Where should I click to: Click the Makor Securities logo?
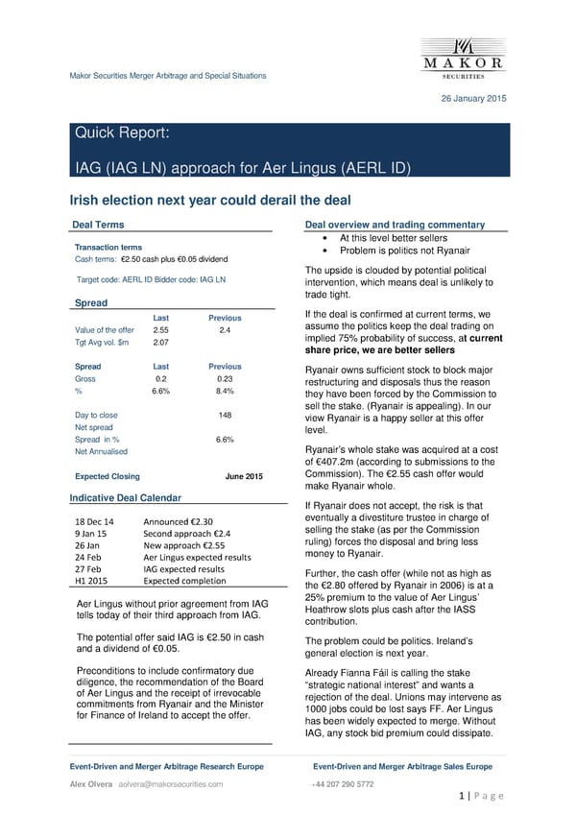(x=464, y=56)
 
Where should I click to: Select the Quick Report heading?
(x=123, y=134)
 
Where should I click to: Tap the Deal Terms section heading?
(x=98, y=225)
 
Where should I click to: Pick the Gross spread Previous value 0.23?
(x=225, y=378)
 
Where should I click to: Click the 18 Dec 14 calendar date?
(x=95, y=520)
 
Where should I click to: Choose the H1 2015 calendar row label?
(x=91, y=581)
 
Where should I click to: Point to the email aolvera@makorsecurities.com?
(x=171, y=784)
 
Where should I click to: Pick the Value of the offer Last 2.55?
(x=161, y=329)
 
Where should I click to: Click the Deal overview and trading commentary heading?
(x=394, y=225)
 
